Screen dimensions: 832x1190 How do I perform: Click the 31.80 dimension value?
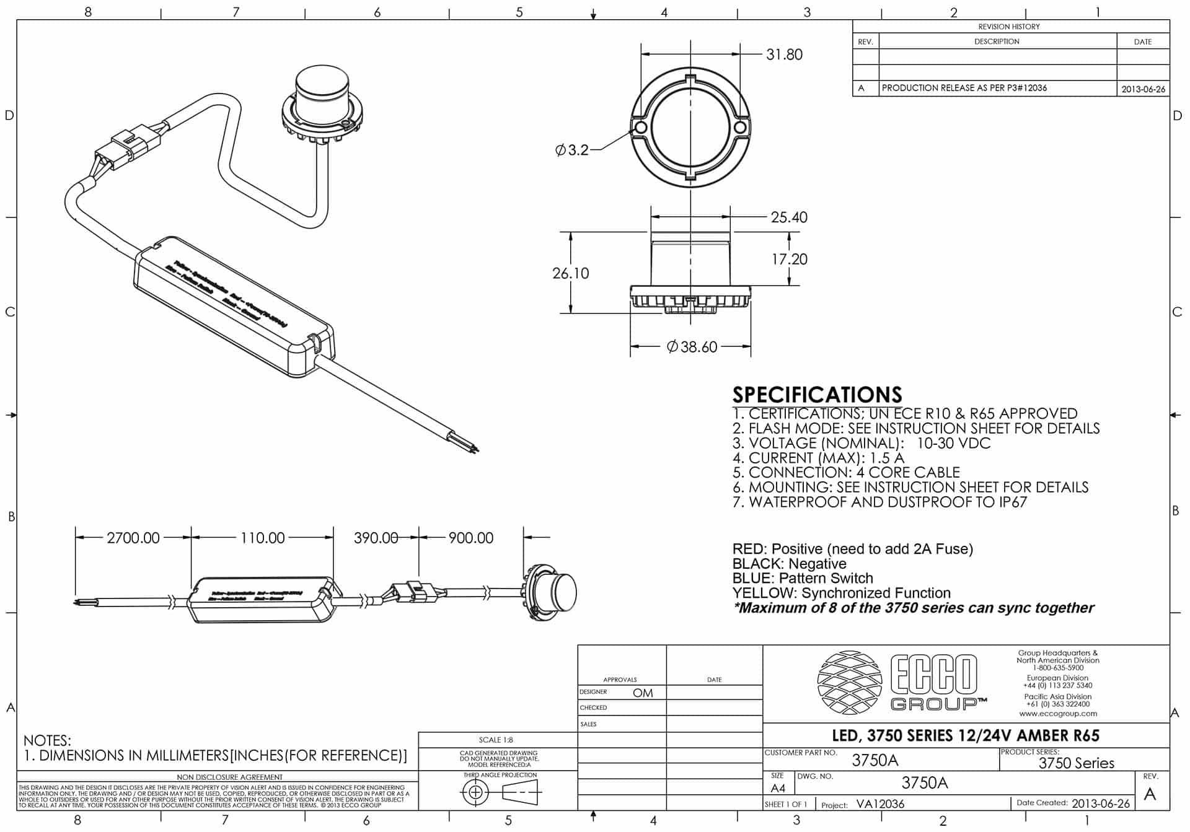click(x=784, y=55)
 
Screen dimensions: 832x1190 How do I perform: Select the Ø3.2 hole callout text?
click(x=571, y=150)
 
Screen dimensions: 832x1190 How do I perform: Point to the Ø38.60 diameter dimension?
click(x=692, y=347)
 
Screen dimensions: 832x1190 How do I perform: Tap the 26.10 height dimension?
click(x=570, y=273)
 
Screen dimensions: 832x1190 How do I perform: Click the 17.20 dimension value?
click(x=789, y=259)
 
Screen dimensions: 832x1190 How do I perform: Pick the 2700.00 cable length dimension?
click(x=133, y=538)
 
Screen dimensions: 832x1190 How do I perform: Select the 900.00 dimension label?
click(x=471, y=538)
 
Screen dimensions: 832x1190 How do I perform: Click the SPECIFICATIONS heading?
click(x=817, y=395)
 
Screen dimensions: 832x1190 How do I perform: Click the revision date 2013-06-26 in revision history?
click(x=1143, y=89)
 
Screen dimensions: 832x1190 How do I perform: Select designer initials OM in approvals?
click(x=643, y=693)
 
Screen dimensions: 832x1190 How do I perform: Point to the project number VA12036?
click(x=880, y=804)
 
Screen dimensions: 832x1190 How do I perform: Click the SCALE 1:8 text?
click(x=496, y=740)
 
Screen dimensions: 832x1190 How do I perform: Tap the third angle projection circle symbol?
click(x=475, y=792)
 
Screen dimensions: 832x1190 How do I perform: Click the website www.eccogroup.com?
click(x=1057, y=713)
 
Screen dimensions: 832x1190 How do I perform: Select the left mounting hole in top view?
click(x=641, y=128)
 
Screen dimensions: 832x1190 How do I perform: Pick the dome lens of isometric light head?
click(x=322, y=84)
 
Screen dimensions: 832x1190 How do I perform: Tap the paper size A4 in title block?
click(x=777, y=788)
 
